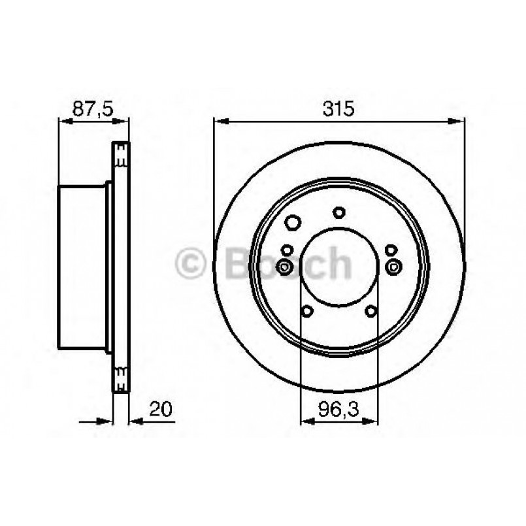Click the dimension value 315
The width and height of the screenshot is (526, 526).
pos(338,109)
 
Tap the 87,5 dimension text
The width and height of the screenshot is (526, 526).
pos(90,109)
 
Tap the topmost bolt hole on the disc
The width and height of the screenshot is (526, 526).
pos(338,212)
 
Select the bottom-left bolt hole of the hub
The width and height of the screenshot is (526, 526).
pos(307,311)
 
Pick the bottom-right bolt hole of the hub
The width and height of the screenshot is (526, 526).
pos(370,311)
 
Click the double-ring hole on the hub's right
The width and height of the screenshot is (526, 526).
pos(393,266)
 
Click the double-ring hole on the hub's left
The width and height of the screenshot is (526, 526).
pos(285,266)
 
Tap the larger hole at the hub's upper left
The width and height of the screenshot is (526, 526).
pos(293,223)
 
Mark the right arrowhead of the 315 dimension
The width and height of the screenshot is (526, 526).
pos(459,120)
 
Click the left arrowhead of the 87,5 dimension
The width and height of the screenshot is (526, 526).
pos(64,120)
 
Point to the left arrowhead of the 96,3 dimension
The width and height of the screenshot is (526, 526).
pos(306,423)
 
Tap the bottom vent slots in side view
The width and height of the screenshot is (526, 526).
pos(120,378)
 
